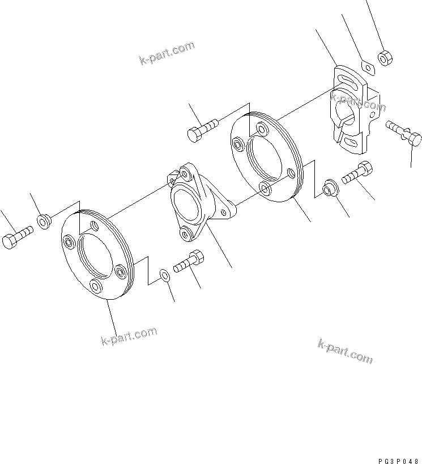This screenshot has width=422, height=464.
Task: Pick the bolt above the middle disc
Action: [x=202, y=129]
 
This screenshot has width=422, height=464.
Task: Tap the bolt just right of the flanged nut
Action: [x=357, y=172]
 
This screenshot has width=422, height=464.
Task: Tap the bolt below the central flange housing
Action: [x=189, y=262]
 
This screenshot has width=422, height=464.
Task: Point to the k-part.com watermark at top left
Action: [x=167, y=53]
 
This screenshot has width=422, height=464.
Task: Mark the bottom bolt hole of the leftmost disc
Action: [x=97, y=286]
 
